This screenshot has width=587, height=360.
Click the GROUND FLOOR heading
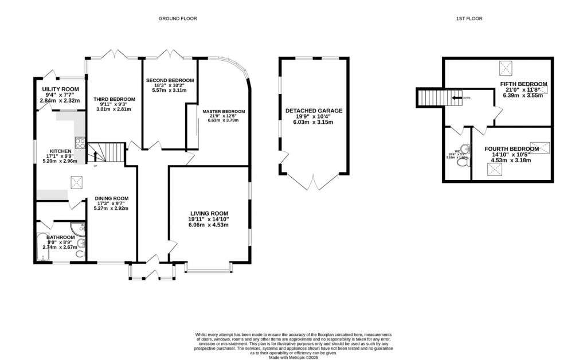178,19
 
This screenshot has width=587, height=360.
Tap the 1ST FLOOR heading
469,19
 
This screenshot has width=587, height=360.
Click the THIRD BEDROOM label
114,99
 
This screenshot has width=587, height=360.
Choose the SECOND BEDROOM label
170,80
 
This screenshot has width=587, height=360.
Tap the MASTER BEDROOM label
224,111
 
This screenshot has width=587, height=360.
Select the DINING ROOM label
112,198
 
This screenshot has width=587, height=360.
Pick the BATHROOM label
61,237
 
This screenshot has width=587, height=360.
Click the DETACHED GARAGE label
313,111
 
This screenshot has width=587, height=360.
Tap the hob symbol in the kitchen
80,143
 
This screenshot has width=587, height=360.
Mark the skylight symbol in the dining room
75,182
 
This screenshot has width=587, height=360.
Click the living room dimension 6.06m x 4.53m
209,225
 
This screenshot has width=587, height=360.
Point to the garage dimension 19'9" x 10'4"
313,118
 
